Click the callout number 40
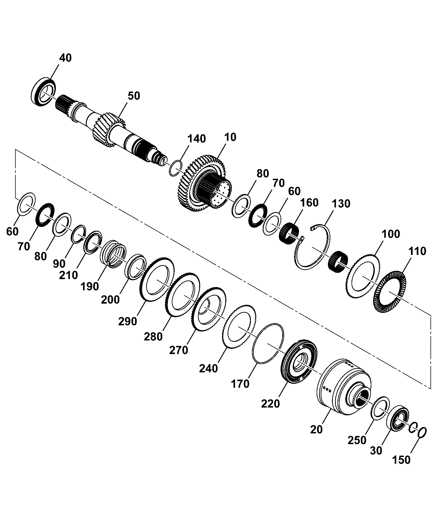[65, 58]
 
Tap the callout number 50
[134, 96]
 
